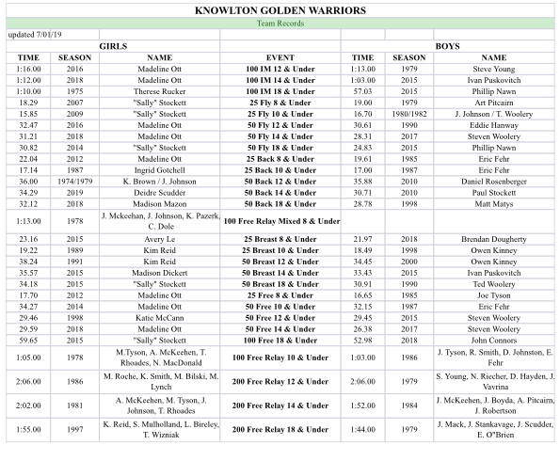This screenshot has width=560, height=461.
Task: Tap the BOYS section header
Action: pyautogui.click(x=446, y=45)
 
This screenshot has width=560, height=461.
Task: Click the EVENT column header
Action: pyautogui.click(x=280, y=57)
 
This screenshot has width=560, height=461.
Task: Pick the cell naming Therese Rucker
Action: pyautogui.click(x=160, y=92)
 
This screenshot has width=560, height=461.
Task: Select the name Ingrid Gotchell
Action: pyautogui.click(x=160, y=170)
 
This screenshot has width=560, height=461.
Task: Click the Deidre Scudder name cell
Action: pyautogui.click(x=160, y=192)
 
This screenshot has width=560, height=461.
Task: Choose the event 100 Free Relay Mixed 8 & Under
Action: pyautogui.click(x=280, y=220)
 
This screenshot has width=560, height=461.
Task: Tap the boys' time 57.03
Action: pyautogui.click(x=363, y=92)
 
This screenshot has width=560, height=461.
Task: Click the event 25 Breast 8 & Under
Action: pyautogui.click(x=280, y=240)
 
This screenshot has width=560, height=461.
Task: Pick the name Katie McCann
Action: pyautogui.click(x=160, y=318)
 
